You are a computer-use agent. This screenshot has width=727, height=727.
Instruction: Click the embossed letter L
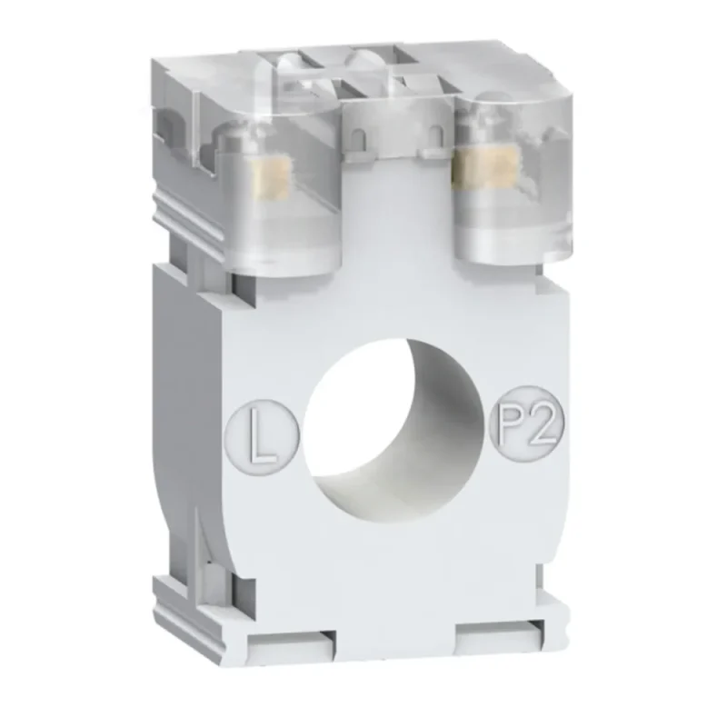pos(262,436)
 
